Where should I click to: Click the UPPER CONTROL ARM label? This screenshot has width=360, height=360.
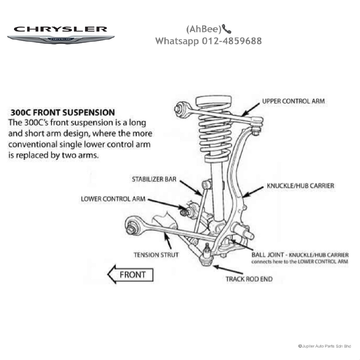pos(293,101)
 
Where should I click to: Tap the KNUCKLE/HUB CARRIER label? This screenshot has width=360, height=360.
pos(300,186)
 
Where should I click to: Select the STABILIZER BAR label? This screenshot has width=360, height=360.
pos(154,179)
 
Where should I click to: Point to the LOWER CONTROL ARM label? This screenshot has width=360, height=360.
pos(113,199)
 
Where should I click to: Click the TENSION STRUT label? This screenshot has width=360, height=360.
pos(156,255)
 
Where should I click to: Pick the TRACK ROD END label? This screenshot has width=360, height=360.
pos(249,279)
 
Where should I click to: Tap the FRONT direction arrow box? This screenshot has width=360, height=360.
pos(131,275)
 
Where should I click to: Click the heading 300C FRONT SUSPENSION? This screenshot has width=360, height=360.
pos(63,113)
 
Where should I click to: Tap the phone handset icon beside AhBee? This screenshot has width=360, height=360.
pos(227,28)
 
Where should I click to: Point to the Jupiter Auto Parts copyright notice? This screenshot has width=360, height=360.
pos(324,346)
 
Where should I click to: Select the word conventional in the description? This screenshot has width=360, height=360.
pos(33,144)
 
